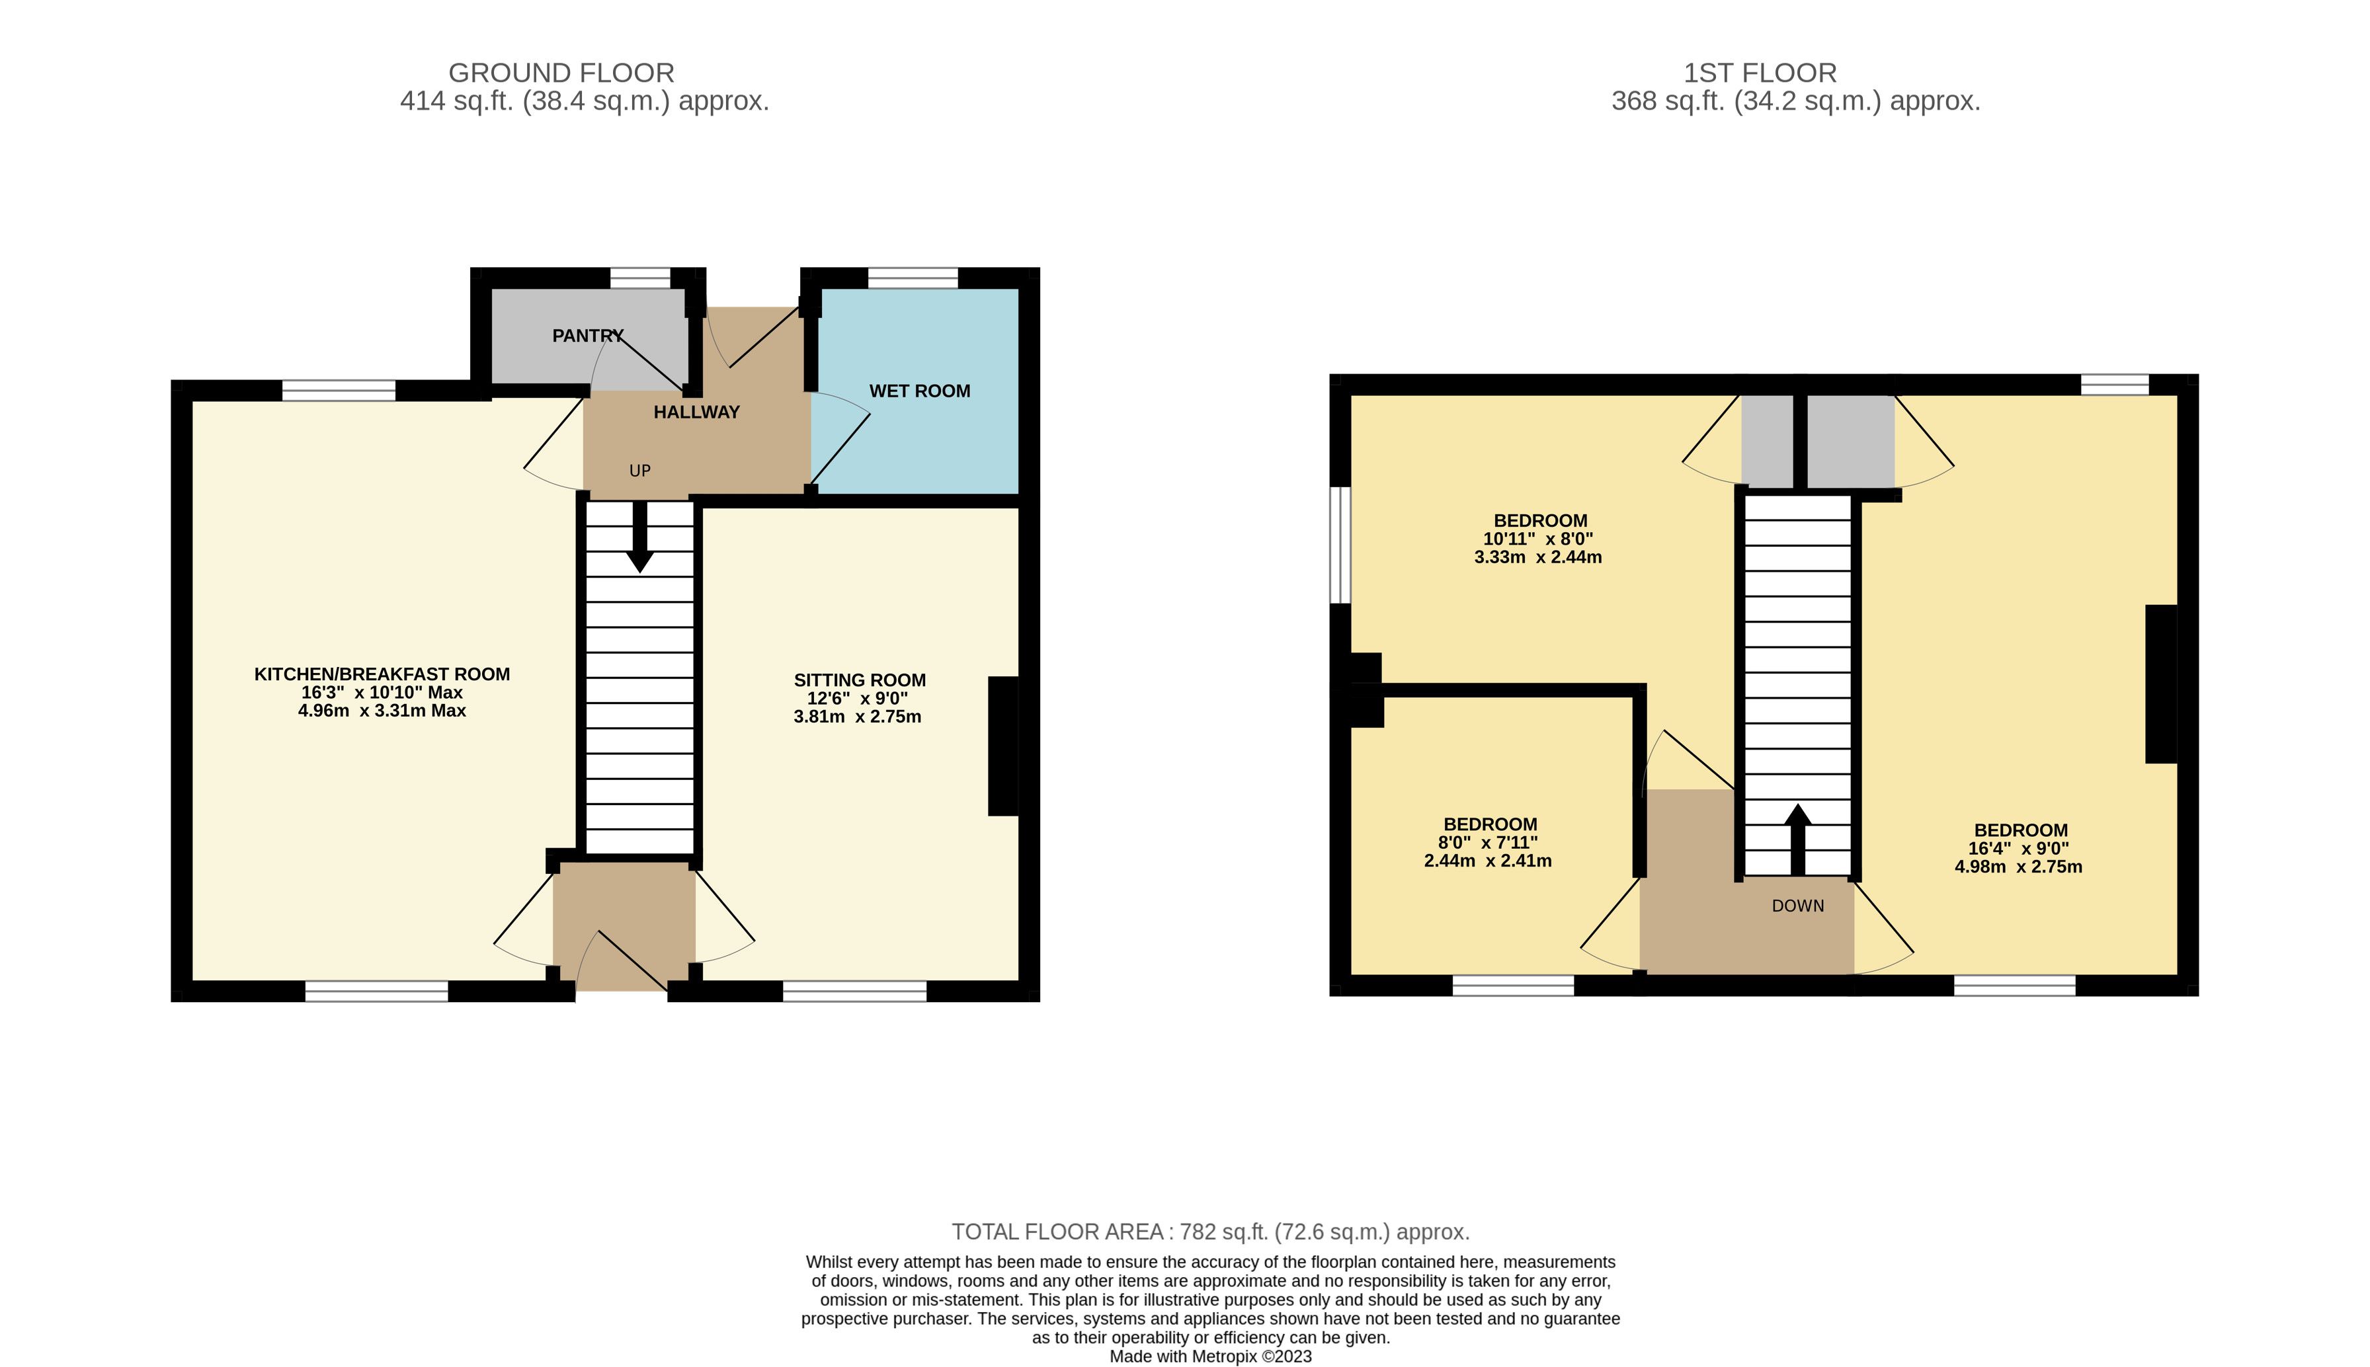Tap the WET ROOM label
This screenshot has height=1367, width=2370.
(x=919, y=391)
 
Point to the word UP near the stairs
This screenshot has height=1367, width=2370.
(x=639, y=471)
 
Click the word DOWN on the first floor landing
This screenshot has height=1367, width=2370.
(x=1797, y=906)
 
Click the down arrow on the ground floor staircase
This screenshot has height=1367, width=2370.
(x=639, y=537)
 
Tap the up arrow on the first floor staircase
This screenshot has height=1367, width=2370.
(x=1797, y=840)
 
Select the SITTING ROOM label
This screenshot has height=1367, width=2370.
(x=859, y=680)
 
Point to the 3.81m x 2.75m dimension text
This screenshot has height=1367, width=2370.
(x=857, y=717)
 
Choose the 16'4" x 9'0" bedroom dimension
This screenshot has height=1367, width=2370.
(x=2019, y=848)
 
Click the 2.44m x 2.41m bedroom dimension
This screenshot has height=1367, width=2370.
(x=1487, y=860)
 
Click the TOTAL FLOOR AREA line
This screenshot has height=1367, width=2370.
(x=1210, y=1231)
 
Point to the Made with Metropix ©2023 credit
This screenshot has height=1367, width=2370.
(x=1210, y=1356)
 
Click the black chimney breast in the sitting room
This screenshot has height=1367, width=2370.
(x=1003, y=746)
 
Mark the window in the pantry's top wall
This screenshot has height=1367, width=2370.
(x=640, y=278)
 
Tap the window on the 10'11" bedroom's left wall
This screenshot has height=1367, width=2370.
(x=1340, y=545)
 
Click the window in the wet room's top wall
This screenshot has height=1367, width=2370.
(x=913, y=278)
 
